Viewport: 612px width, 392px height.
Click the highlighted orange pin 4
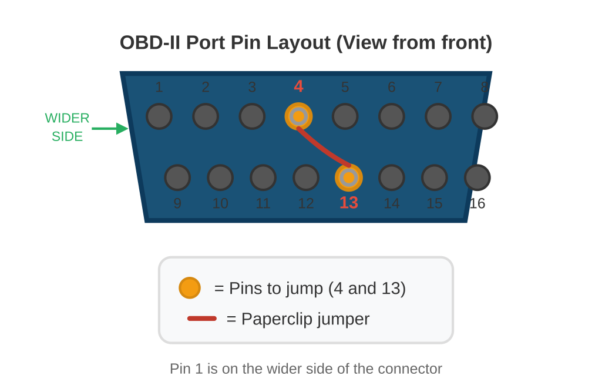coord(298,116)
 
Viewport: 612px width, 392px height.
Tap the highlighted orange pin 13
coord(349,177)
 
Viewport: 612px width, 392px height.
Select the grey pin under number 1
coord(159,116)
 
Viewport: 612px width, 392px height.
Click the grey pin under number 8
coord(485,116)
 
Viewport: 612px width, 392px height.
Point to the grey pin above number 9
coord(177,177)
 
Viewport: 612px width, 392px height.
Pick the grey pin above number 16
coord(477,177)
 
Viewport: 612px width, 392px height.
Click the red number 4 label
coord(298,87)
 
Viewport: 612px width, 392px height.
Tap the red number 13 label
coord(349,203)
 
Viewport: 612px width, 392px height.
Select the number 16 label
coord(477,204)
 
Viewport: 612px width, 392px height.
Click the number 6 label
coord(392,88)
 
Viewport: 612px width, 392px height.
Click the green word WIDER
coord(67,118)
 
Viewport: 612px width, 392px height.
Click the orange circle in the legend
coord(190,288)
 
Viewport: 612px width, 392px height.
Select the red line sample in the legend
coord(202,319)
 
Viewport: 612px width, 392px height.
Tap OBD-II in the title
coord(150,43)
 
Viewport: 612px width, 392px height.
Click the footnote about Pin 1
coord(305,369)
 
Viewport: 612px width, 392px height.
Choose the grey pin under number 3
coord(252,116)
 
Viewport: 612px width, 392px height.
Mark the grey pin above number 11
coord(263,177)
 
